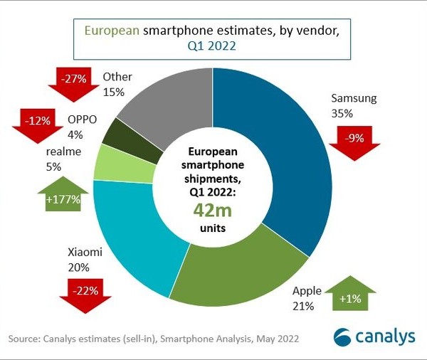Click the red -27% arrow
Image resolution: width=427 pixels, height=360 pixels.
[x=72, y=80]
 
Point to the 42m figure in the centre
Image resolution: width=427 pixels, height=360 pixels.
[x=211, y=211]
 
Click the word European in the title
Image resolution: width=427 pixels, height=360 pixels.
[x=112, y=31]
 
